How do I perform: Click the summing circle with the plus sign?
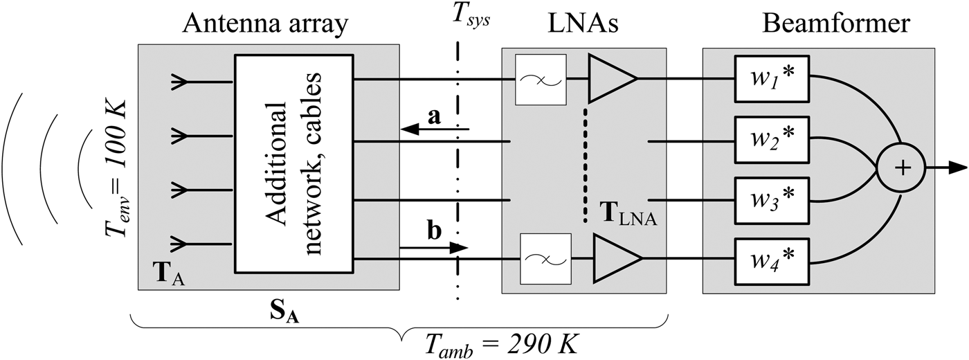(x=900, y=167)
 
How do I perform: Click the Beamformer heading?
(x=836, y=25)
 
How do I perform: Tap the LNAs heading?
(x=583, y=25)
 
